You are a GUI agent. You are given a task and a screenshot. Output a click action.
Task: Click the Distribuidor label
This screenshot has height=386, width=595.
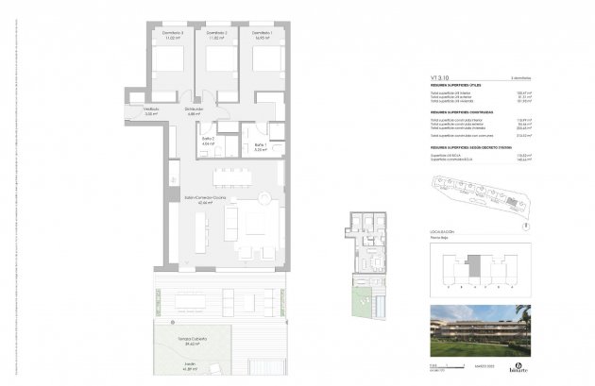tap(195, 109)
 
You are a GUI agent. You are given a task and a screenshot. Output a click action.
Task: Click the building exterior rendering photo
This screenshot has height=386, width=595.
tap(479, 328)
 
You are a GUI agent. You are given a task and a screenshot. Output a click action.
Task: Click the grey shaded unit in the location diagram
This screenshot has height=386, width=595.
tap(477, 266)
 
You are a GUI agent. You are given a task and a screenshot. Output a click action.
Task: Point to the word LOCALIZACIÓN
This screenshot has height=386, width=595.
tap(442, 231)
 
